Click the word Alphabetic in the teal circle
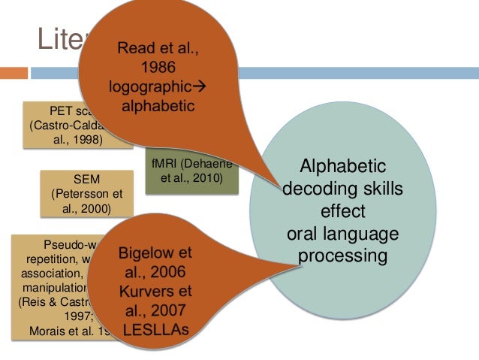342,166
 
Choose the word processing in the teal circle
342,256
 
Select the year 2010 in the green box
206,179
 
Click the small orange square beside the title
14,73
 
